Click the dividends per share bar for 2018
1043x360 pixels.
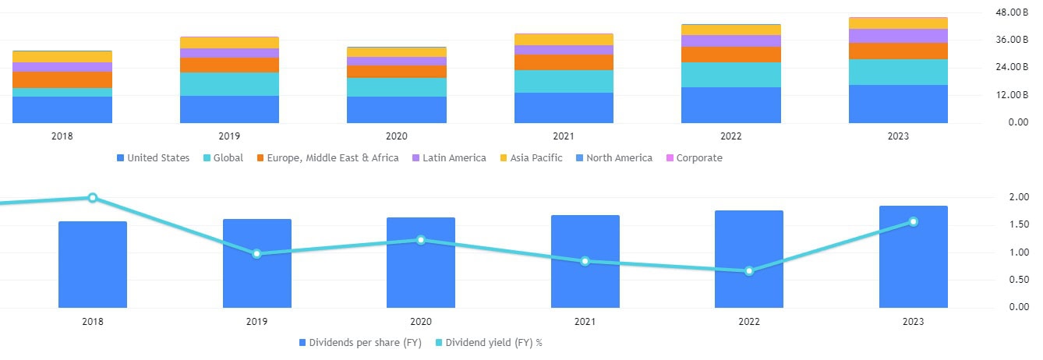93,264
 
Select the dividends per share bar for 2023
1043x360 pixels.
914,256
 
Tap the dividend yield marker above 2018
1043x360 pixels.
93,198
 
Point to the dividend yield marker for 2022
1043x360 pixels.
749,271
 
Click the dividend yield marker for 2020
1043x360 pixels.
421,240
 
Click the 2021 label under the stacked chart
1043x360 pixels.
564,136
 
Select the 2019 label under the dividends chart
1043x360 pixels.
256,320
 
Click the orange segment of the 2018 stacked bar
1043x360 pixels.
62,79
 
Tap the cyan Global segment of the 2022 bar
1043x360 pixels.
730,75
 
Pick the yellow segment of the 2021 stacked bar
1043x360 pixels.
564,40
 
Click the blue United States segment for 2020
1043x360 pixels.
397,110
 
